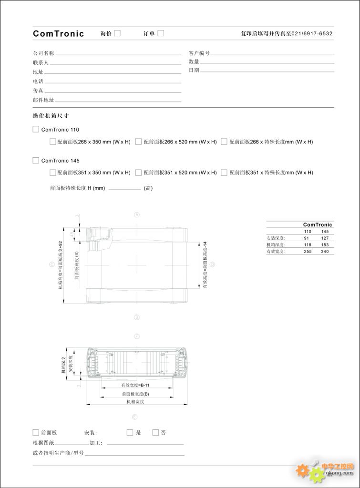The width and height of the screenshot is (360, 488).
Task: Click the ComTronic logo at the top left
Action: pos(58,33)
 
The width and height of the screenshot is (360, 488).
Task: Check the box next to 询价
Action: pos(117,33)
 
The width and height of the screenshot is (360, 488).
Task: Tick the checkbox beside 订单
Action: pos(161,33)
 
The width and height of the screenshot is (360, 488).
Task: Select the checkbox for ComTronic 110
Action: pos(36,129)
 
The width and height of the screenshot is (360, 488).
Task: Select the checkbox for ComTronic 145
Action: pos(36,160)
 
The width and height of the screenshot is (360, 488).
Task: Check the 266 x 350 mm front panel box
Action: pos(53,142)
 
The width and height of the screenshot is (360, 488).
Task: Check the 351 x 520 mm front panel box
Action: pos(138,173)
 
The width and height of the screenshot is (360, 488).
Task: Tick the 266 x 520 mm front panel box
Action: pos(138,142)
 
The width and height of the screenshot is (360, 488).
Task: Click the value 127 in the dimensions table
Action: pos(325,238)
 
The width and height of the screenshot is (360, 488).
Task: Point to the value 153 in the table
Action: pos(325,244)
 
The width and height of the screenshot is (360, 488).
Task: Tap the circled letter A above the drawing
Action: pos(137,214)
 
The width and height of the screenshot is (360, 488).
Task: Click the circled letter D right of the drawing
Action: pos(213,264)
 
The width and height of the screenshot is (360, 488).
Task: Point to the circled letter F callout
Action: pos(137,336)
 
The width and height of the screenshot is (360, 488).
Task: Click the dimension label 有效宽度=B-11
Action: pos(135,385)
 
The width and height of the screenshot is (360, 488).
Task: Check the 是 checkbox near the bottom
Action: pos(130,433)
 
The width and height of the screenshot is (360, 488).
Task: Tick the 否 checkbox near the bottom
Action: pos(155,433)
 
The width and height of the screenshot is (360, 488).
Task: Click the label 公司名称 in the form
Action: pos(43,53)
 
